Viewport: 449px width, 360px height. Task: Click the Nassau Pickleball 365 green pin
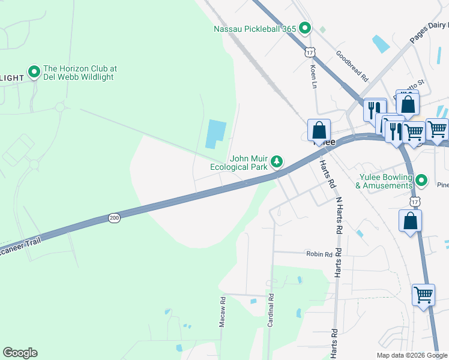click(305, 28)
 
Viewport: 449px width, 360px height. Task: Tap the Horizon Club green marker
click(34, 72)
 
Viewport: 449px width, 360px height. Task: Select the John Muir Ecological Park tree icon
click(277, 161)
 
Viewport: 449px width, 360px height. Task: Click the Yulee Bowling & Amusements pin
click(422, 180)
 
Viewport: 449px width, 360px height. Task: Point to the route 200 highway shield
click(114, 218)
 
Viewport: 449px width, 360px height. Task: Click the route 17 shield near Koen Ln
click(310, 52)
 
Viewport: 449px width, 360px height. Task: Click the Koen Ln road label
click(313, 77)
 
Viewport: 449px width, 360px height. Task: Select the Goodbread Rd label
click(352, 65)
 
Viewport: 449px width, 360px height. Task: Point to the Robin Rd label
click(319, 254)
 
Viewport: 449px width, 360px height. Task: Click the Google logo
click(20, 353)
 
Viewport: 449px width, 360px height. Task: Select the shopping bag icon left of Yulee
click(319, 130)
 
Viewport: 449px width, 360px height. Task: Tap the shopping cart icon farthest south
click(423, 295)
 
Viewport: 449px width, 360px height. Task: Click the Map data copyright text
click(411, 355)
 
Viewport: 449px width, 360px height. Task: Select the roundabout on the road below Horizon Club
click(59, 107)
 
